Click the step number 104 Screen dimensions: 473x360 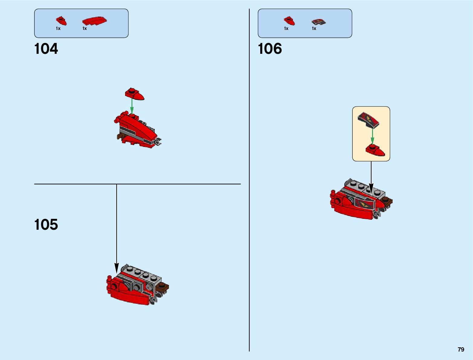pyautogui.click(x=46, y=49)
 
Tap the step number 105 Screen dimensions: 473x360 pyautogui.click(x=46, y=225)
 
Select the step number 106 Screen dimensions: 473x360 pyautogui.click(x=270, y=49)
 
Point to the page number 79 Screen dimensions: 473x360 pyautogui.click(x=461, y=349)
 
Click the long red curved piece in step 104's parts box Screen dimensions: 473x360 pyautogui.click(x=94, y=21)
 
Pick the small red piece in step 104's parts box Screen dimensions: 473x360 pyautogui.click(x=61, y=21)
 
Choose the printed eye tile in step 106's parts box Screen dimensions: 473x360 pyautogui.click(x=319, y=22)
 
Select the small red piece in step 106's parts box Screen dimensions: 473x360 pyautogui.click(x=289, y=21)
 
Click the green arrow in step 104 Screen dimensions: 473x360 pyautogui.click(x=132, y=106)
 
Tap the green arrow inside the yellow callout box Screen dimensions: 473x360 pyautogui.click(x=372, y=136)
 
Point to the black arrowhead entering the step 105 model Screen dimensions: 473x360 pyautogui.click(x=117, y=268)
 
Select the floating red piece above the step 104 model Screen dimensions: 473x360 pyautogui.click(x=134, y=94)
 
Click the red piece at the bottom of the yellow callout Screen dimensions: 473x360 pyautogui.click(x=375, y=150)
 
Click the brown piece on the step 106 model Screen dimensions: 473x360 pyautogui.click(x=387, y=201)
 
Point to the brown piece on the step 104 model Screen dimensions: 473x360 pyautogui.click(x=121, y=137)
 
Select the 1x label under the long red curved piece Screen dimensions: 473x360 pyautogui.click(x=85, y=28)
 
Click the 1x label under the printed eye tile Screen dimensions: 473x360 pyautogui.click(x=314, y=28)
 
